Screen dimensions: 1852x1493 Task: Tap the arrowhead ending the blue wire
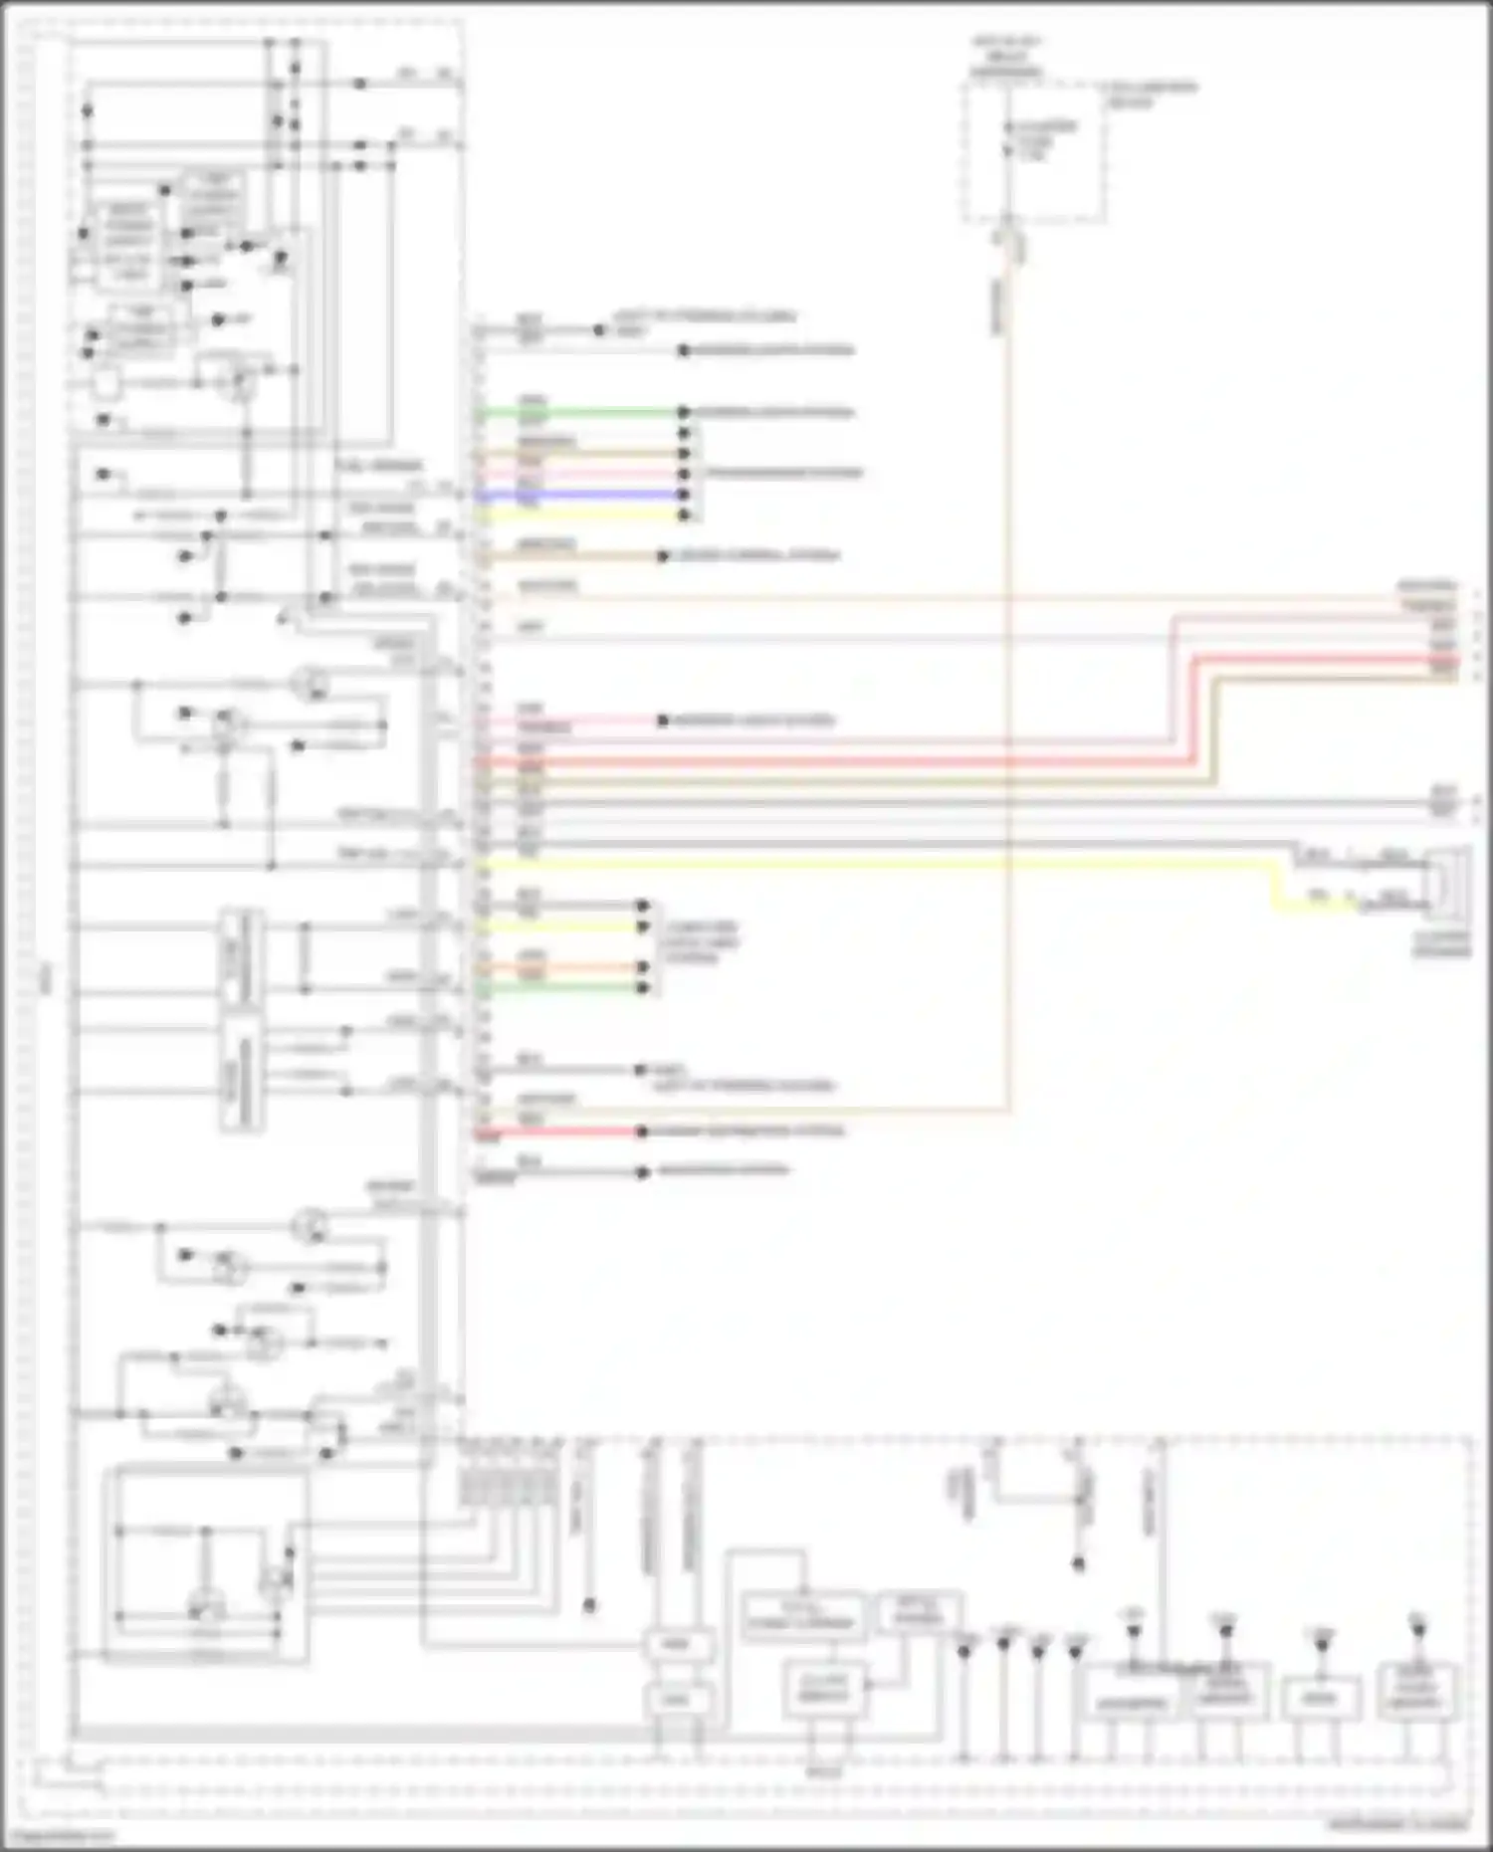[684, 495]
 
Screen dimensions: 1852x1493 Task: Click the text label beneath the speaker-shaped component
[1442, 944]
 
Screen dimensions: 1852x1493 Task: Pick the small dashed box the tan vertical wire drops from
[1033, 151]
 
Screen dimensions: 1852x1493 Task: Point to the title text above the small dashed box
[1006, 58]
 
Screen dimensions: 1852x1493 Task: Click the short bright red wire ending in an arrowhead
[567, 1132]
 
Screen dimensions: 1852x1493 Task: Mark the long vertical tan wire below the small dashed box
[1008, 697]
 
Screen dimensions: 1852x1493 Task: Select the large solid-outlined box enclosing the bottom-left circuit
[206, 1564]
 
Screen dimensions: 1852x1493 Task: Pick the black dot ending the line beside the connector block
[589, 1605]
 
